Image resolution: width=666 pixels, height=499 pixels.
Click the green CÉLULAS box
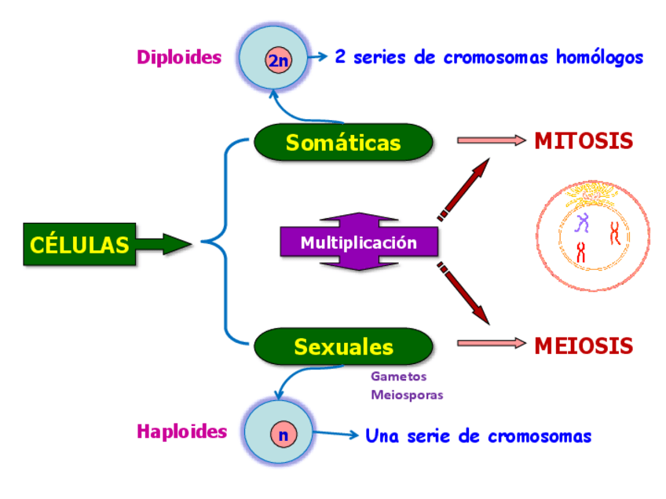(79, 245)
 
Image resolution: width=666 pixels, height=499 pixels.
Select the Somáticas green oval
(343, 142)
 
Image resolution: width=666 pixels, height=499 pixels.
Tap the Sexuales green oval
(343, 346)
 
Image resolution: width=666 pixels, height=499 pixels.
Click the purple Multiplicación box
(359, 242)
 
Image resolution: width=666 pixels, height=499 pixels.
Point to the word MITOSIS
(584, 141)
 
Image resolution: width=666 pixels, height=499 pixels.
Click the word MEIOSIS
(584, 346)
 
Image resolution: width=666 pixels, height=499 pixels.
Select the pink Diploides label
(179, 57)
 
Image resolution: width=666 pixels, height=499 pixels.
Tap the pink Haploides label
(181, 432)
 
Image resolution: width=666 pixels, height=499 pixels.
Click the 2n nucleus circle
(279, 60)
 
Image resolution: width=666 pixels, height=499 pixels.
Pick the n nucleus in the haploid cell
(284, 435)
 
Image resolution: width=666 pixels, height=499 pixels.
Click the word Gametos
(398, 377)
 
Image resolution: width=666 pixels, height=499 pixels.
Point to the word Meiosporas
(407, 395)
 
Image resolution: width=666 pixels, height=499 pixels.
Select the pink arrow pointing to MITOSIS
(492, 140)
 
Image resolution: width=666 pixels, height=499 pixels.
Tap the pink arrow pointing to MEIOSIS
(492, 344)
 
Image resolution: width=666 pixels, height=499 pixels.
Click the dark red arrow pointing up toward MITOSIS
(464, 190)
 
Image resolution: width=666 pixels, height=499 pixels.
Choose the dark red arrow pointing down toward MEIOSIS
(464, 293)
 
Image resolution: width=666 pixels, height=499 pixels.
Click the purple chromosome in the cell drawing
(582, 223)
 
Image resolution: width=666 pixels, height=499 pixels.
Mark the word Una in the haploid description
(382, 435)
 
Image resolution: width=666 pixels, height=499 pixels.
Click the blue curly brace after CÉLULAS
(225, 242)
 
